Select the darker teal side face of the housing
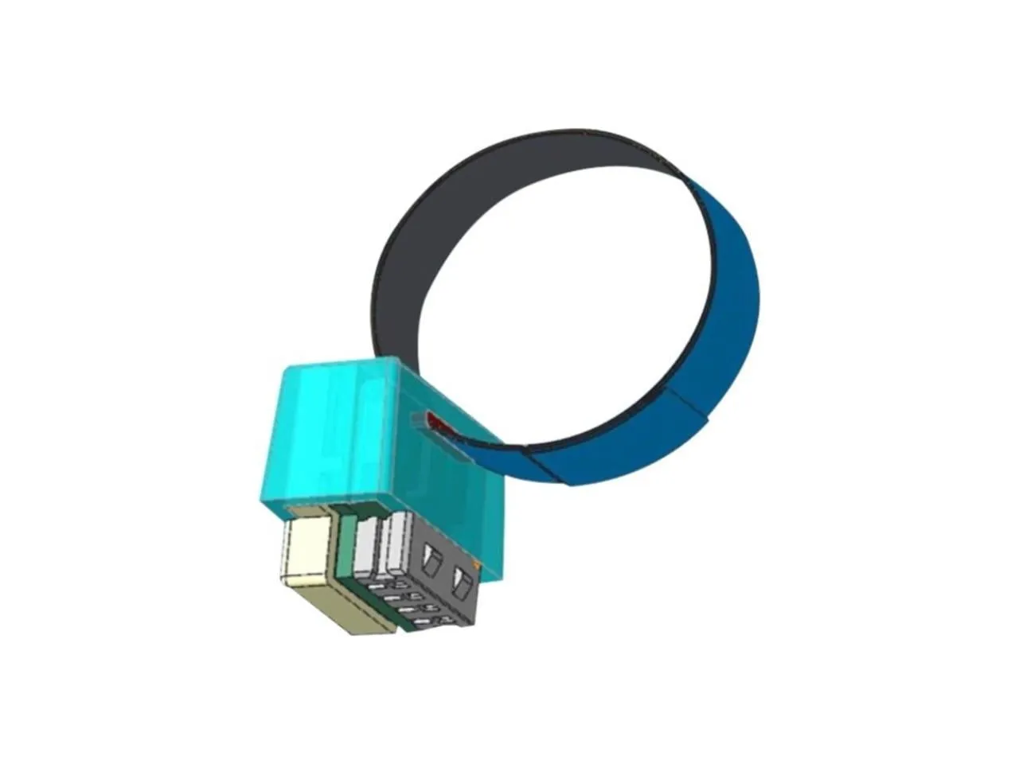click(x=446, y=493)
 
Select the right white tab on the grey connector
click(x=395, y=545)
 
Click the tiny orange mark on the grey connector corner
click(x=476, y=565)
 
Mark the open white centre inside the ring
click(x=557, y=302)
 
